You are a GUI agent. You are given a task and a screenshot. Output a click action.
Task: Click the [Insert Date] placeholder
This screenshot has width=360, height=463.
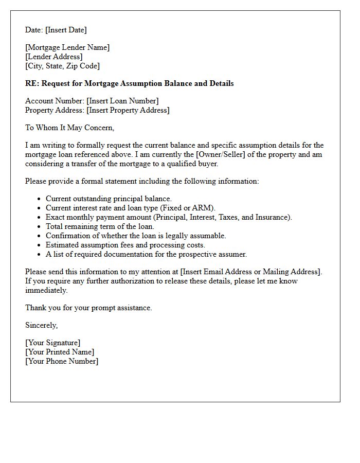click(66, 30)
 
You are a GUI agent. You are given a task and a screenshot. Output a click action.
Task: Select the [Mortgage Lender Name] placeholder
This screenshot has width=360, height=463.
click(67, 47)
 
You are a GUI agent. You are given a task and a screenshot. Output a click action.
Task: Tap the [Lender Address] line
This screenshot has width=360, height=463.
click(53, 57)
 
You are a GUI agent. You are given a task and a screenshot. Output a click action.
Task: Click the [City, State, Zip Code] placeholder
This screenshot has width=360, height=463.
click(62, 66)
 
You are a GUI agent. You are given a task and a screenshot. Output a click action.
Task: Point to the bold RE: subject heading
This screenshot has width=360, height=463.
click(129, 83)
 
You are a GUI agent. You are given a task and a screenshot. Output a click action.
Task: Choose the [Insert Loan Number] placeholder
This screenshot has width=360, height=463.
click(122, 101)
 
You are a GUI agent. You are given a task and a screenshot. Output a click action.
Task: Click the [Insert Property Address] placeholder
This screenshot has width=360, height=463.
click(128, 110)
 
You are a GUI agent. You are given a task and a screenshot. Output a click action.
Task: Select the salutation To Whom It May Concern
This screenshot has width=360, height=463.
click(69, 128)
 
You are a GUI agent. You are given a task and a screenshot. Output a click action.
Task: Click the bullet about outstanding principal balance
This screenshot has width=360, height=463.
click(109, 199)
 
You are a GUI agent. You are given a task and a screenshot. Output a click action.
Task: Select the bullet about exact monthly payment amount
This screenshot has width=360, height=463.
click(169, 217)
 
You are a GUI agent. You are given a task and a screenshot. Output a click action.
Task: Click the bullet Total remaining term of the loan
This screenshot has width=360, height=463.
click(100, 226)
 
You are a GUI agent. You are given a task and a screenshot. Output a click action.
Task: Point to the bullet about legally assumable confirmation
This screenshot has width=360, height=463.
click(136, 236)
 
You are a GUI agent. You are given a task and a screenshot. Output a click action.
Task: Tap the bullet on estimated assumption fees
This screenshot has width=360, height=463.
click(125, 245)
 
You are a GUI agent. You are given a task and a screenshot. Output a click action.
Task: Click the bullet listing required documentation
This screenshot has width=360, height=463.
click(146, 254)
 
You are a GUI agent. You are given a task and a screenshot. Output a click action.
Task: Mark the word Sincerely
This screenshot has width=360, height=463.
click(41, 325)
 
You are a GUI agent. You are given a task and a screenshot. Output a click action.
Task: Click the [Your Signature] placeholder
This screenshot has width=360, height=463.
click(52, 343)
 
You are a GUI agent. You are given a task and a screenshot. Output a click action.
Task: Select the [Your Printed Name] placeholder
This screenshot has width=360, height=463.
click(60, 352)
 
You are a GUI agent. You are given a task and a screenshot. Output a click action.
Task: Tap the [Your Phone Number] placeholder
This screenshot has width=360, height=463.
click(62, 361)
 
